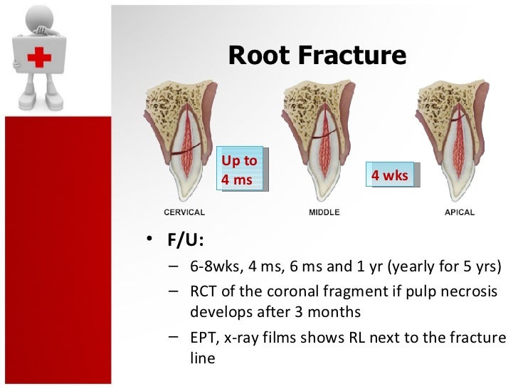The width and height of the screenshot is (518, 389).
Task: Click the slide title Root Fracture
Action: [x=317, y=55]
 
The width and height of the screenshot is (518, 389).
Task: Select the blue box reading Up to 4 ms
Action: [x=239, y=170]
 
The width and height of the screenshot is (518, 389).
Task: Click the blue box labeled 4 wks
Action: [x=389, y=175]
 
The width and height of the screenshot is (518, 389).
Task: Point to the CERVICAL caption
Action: [x=184, y=212]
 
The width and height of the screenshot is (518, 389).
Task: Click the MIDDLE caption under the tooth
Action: [x=324, y=212]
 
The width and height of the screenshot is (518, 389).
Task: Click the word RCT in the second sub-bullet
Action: [x=203, y=293]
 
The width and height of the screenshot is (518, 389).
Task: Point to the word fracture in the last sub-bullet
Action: [x=480, y=338]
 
